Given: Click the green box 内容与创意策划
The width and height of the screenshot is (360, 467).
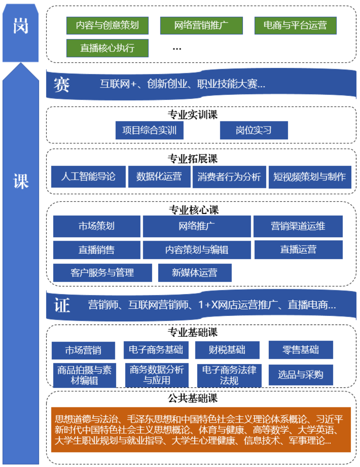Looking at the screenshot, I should coord(107,25).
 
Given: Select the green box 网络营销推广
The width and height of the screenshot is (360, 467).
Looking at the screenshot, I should coord(201,25).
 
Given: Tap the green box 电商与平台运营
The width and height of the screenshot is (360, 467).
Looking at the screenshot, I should coord(295,25).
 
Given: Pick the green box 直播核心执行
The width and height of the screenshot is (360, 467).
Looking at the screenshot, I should coord(107,48).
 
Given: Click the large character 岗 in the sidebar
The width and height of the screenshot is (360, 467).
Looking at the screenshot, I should coord(21,26).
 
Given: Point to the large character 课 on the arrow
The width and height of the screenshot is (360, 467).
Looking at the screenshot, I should coord(21,181).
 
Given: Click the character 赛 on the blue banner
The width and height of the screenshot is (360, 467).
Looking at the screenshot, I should coord(62,85).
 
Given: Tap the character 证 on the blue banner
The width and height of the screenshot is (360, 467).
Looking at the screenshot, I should coord(62,305).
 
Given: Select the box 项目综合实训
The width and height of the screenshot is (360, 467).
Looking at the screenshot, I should coord(149,130).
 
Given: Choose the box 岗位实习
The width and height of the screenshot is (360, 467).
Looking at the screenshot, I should coord(254,130).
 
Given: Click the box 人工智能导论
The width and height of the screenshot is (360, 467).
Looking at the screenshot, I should coord(88,176).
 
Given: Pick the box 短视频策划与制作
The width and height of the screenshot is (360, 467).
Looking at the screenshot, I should coord(310,177).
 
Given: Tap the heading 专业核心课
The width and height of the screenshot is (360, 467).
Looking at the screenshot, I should coord(194,210).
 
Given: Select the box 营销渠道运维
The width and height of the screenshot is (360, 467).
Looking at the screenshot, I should coord(298,226).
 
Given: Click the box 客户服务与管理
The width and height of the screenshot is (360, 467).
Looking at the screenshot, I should coord(103,273).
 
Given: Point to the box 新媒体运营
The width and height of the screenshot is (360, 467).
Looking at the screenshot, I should coord(195,273).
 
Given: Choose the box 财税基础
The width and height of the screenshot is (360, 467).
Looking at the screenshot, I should coord(227,350).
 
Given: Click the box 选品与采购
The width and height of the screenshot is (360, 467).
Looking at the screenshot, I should coord(301,375).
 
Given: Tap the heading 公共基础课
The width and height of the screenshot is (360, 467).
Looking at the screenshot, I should coord(193,398).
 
